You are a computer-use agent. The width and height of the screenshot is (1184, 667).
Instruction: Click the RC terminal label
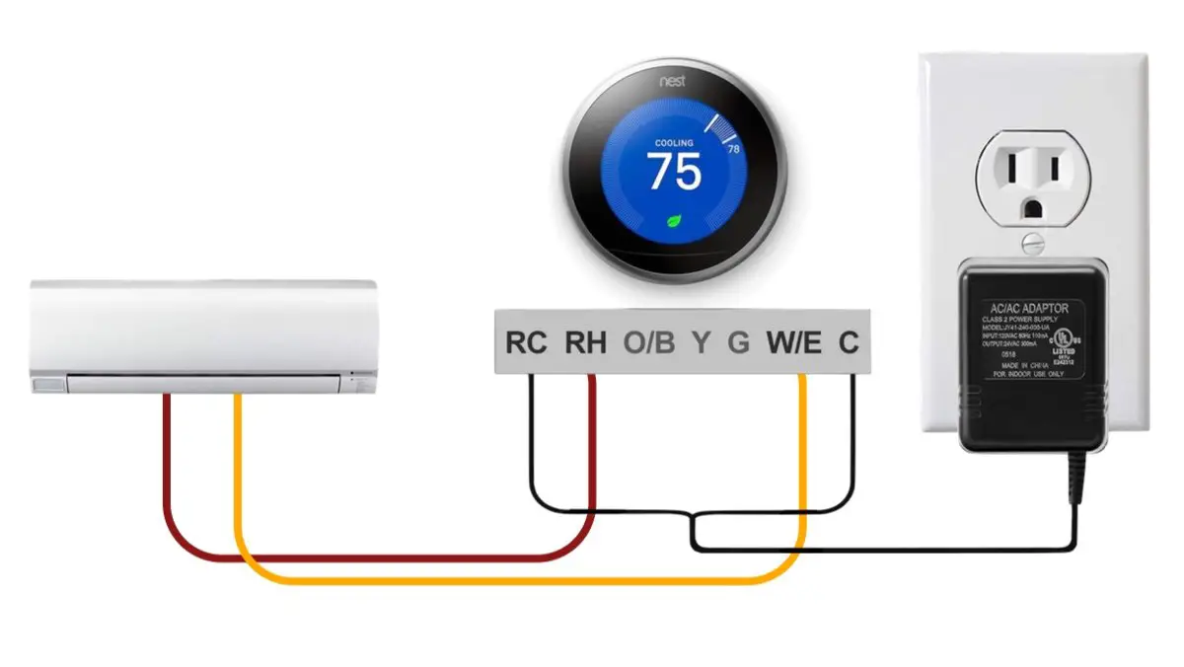(526, 343)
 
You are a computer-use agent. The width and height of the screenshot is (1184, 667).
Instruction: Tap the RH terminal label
(585, 343)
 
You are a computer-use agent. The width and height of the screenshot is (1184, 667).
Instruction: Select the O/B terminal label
(649, 343)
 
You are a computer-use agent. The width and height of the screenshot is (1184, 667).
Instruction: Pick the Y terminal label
(700, 343)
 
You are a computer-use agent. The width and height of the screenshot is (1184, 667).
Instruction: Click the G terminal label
(738, 343)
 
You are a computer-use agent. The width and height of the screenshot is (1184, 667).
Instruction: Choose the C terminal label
(849, 343)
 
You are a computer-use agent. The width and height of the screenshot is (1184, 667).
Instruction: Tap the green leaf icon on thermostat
(676, 221)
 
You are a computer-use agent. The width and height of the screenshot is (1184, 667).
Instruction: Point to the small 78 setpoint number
(733, 150)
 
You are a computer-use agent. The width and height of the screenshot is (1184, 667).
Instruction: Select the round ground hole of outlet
(1033, 208)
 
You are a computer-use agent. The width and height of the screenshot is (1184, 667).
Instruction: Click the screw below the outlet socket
(1033, 240)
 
